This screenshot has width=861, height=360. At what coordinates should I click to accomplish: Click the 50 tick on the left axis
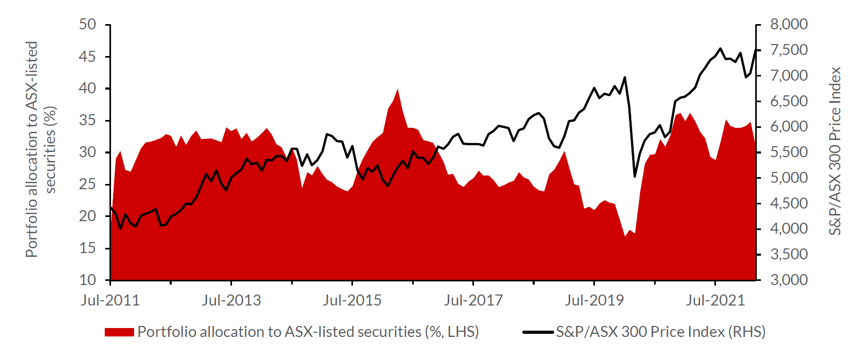[88, 24]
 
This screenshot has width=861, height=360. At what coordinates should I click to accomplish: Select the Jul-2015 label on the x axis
[352, 300]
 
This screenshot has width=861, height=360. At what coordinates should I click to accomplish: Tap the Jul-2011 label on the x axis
[111, 300]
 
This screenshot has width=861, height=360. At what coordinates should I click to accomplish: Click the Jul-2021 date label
[715, 300]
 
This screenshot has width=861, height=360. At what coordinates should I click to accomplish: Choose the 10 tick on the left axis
[88, 280]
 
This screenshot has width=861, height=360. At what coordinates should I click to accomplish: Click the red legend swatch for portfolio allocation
[119, 332]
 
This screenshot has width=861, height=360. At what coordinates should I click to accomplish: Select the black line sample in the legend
[538, 332]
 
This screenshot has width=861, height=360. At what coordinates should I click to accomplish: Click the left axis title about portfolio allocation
[41, 149]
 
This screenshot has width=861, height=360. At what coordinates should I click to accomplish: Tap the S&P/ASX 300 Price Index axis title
[835, 151]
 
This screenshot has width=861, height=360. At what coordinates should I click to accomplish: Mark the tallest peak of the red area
[398, 90]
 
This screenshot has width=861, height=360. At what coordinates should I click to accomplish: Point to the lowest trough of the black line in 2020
[635, 176]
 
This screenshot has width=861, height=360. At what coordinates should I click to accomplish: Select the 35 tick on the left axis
[88, 120]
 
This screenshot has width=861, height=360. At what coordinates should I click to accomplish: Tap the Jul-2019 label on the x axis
[594, 300]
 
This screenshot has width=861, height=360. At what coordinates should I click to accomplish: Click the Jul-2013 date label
[231, 300]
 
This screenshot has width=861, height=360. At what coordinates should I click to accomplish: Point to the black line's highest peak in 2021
[721, 48]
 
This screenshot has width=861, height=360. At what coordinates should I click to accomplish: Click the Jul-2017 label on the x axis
[473, 300]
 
